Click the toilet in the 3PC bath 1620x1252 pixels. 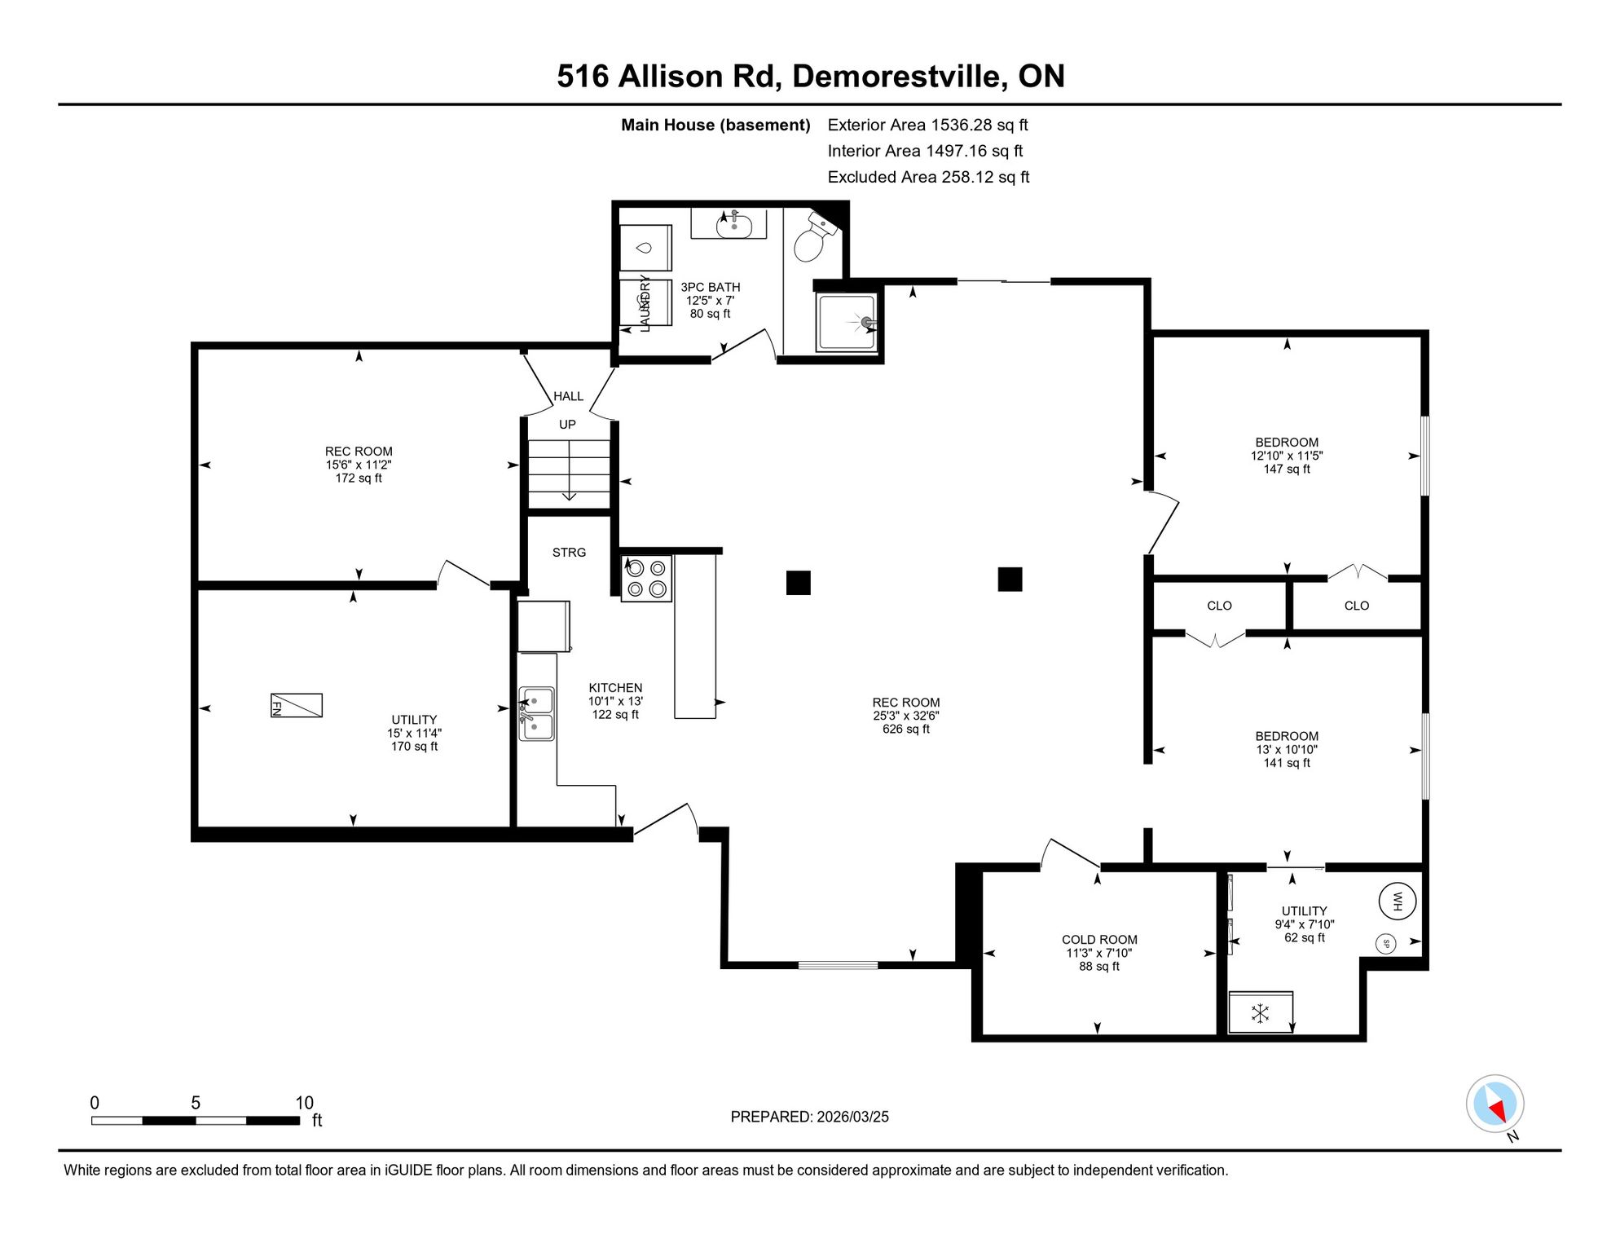(814, 236)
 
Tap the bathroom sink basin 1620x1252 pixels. (734, 225)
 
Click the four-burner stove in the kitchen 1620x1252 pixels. (646, 579)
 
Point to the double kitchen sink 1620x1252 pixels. (536, 713)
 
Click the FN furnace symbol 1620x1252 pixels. (296, 705)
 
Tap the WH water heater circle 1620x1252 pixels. (1397, 902)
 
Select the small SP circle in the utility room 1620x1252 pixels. (1385, 944)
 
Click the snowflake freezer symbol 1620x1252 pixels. (1261, 1013)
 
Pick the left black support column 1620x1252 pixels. (799, 583)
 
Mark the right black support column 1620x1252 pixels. (1010, 580)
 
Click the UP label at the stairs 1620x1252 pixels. (567, 425)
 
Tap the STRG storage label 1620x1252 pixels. (569, 553)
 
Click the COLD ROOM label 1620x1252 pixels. (1099, 940)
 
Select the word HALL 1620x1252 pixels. (568, 396)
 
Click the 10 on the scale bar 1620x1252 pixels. (304, 1103)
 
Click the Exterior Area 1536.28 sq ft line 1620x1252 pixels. (927, 125)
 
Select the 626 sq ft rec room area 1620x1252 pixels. (905, 729)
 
